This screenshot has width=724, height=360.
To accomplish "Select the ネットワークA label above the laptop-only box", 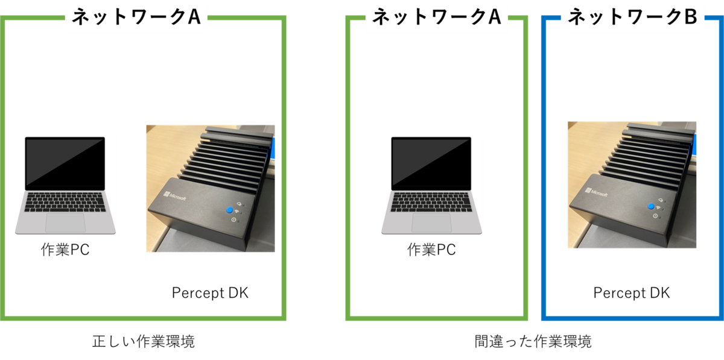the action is tap(437, 17).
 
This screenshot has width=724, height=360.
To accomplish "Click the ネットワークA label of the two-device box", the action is tap(136, 17).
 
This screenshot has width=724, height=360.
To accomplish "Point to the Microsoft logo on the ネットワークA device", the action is tap(174, 197).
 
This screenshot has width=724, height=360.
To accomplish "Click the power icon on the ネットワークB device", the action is tap(655, 215).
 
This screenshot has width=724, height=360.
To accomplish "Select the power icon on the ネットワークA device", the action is tap(233, 219).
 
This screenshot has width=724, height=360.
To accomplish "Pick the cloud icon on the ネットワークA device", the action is tap(240, 204).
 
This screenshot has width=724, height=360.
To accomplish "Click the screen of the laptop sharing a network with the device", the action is tap(65, 163).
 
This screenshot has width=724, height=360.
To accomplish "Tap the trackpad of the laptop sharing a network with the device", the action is tap(65, 221).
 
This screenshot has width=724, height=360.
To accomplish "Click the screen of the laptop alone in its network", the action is tap(431, 163).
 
